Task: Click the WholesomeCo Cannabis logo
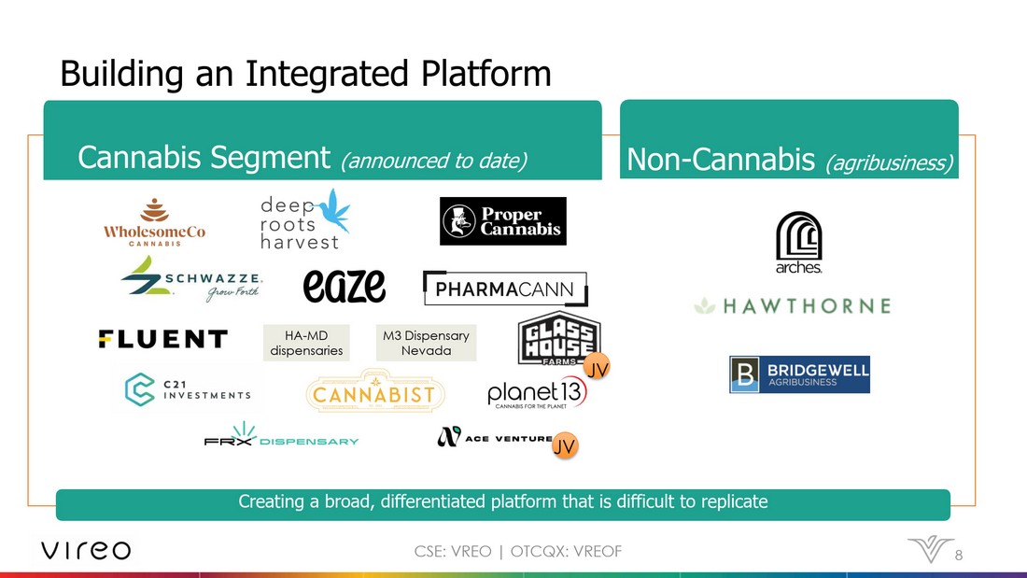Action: tap(155, 222)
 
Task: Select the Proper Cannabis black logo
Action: tap(503, 221)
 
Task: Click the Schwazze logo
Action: tap(192, 279)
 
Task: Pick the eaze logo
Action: tap(344, 286)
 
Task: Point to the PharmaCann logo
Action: tap(505, 289)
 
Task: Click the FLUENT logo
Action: tap(163, 339)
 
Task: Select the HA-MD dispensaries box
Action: tap(306, 343)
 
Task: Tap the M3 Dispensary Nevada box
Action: tap(427, 343)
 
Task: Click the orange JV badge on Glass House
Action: tap(596, 368)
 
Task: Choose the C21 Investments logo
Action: tap(188, 389)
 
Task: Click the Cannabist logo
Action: tap(375, 392)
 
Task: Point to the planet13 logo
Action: tap(537, 394)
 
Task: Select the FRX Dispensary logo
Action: tap(282, 434)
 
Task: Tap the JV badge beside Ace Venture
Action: tap(565, 445)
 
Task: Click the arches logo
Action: tap(799, 243)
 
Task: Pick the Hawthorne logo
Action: tap(793, 306)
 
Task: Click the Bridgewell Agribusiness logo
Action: tap(800, 374)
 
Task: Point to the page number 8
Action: tap(958, 555)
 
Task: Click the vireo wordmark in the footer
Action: tap(86, 550)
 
